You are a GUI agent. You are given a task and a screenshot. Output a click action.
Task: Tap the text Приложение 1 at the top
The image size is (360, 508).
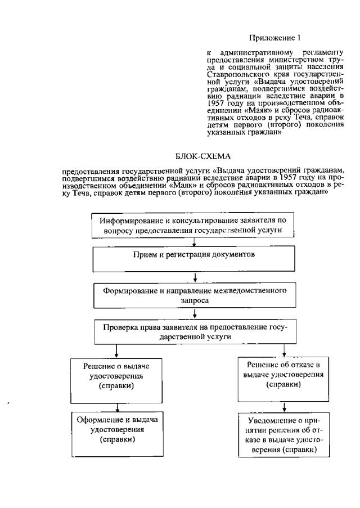point(274,38)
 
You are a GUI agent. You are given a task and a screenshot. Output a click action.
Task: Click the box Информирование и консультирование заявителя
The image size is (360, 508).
point(194,226)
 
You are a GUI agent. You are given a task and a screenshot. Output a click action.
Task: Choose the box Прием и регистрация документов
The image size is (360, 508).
point(194,259)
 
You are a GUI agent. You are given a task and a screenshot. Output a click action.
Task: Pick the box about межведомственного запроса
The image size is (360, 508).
point(194,296)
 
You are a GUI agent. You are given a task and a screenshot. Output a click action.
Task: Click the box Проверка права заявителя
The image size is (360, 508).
point(194,331)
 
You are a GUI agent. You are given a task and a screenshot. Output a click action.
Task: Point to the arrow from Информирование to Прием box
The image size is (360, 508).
point(194,242)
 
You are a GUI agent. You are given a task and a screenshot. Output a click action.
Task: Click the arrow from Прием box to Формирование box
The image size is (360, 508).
point(194,277)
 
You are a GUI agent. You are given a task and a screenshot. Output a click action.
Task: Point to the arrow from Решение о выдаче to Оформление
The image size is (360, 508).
point(116,407)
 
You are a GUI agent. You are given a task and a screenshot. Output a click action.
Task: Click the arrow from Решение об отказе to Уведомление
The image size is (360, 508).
point(283,406)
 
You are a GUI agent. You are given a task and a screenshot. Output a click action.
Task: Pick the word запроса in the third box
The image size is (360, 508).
point(194,301)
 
